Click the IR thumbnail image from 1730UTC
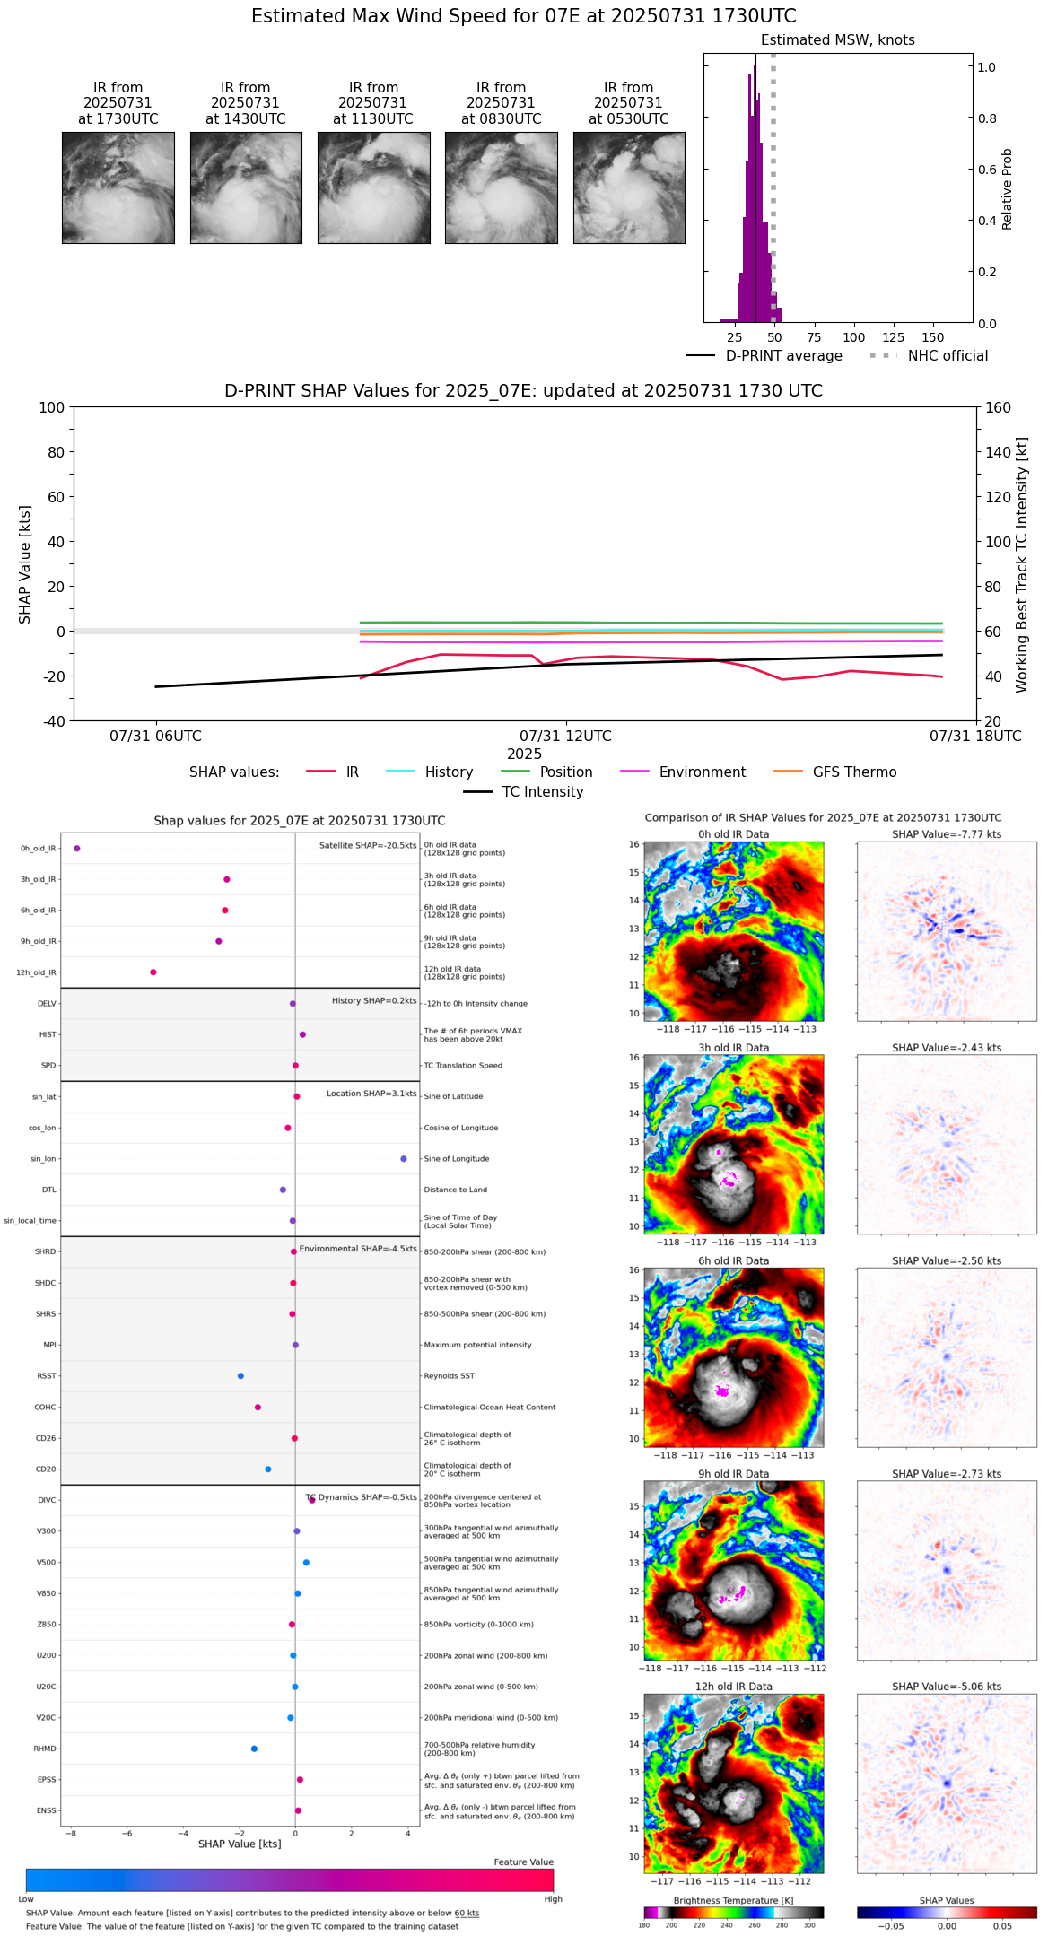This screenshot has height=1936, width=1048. coord(118,187)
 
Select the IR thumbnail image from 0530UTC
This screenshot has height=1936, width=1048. coord(629,187)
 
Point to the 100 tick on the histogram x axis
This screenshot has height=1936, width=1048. coord(853,337)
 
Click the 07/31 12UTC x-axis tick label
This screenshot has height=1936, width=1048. coord(565,737)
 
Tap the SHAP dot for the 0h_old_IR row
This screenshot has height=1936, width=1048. coord(77,849)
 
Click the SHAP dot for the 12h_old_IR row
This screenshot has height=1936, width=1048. coord(153,972)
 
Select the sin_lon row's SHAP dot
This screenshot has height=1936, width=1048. coord(404,1159)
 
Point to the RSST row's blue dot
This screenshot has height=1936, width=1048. coord(240,1376)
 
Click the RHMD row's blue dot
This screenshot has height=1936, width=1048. coord(254,1749)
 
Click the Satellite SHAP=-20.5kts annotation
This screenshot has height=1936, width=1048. coord(368,846)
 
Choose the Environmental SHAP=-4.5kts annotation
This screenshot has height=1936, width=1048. coord(358,1249)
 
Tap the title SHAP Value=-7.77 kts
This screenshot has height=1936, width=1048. coord(947,834)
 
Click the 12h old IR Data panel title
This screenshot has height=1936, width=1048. coord(733,1687)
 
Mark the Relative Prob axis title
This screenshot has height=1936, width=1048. coord(1008,189)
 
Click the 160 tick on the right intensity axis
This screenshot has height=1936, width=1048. coord(999,407)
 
